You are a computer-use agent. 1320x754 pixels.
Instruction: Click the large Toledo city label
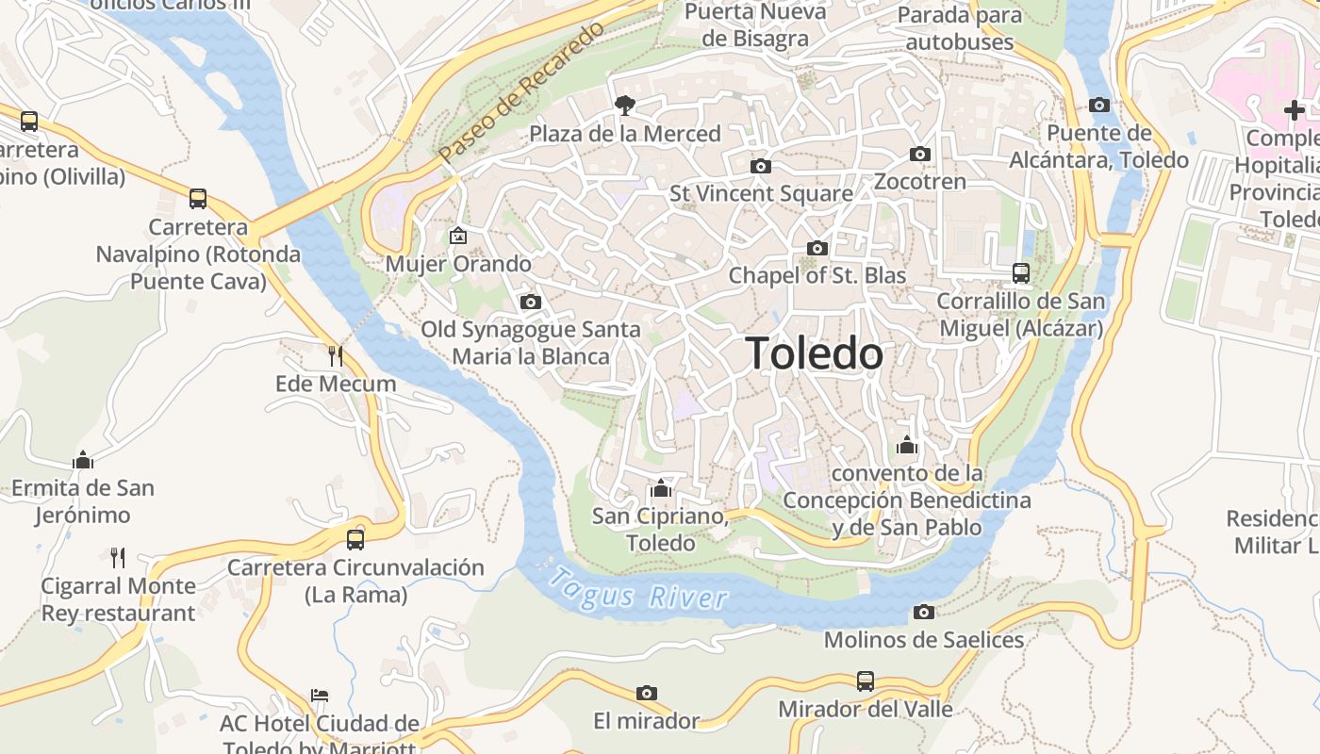(815, 353)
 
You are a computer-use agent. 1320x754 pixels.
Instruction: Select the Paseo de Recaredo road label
(520, 92)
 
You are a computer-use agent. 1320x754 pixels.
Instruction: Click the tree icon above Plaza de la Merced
(623, 106)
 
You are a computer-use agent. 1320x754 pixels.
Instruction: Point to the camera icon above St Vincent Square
(761, 167)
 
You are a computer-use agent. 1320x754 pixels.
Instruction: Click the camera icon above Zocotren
(920, 155)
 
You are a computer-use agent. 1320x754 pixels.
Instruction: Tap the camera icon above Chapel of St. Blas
(817, 249)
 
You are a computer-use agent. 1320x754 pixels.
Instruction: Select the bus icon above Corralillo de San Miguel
(1020, 273)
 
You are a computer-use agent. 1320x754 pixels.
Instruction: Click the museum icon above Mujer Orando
(458, 236)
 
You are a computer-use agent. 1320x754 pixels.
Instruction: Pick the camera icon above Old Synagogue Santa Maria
(531, 303)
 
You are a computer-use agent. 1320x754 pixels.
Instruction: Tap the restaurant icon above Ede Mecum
(335, 355)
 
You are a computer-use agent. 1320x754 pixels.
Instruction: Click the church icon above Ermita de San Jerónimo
(83, 460)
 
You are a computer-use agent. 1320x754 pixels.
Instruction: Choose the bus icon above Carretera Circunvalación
(355, 539)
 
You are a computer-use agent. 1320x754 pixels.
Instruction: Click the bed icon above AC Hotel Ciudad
(320, 696)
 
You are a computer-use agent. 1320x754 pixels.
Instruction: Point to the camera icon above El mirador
(646, 694)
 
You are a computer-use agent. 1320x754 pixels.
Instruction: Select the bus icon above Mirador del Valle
(865, 680)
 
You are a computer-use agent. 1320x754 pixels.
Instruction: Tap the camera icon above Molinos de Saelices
(924, 613)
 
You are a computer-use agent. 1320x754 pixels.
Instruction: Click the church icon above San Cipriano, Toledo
(661, 488)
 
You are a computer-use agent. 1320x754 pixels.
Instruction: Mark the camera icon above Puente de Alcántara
(1099, 106)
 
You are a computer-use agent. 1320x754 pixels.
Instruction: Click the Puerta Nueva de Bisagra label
(755, 25)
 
